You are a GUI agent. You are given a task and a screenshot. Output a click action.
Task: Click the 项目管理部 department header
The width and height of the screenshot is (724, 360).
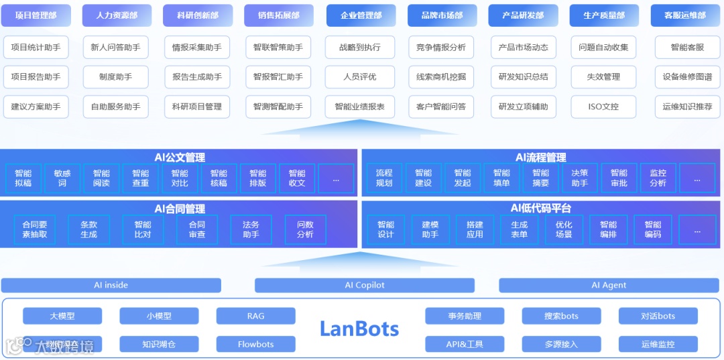tap(36, 15)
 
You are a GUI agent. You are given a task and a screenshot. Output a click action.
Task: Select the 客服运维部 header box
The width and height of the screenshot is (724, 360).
tap(684, 15)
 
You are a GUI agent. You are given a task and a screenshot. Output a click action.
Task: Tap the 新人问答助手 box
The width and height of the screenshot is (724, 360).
tap(116, 48)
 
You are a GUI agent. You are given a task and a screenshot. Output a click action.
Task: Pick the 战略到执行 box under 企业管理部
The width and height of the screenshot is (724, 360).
tap(360, 48)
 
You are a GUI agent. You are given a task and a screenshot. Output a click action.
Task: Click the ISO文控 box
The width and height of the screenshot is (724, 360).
tap(603, 107)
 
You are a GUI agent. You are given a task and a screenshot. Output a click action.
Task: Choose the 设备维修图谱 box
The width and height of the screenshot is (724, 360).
tap(687, 77)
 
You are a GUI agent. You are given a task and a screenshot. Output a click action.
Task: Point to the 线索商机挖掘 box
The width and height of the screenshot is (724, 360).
tap(441, 77)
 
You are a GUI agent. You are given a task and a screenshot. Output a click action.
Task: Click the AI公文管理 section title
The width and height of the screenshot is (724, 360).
tap(180, 158)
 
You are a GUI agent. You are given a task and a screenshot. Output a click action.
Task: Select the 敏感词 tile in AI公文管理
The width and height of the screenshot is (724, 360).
tap(62, 178)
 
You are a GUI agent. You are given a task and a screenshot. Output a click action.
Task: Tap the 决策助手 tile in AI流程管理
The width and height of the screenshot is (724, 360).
tap(580, 178)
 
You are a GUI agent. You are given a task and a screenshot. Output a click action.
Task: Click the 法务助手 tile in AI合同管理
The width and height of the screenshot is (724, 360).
tap(251, 229)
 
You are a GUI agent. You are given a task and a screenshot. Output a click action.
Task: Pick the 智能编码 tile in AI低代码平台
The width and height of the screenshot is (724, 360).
tap(653, 229)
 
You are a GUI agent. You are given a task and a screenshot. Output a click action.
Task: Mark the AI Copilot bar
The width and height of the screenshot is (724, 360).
tap(365, 286)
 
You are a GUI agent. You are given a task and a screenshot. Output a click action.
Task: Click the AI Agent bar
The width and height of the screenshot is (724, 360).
tap(609, 286)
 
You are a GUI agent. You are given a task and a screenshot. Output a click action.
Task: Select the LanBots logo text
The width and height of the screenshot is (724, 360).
tap(359, 329)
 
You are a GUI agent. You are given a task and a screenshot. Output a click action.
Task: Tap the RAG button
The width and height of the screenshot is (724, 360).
tap(255, 316)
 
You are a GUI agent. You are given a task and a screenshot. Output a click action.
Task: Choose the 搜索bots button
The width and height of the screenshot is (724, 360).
tap(561, 316)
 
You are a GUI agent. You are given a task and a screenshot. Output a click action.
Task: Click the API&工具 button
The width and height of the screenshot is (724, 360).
tap(465, 345)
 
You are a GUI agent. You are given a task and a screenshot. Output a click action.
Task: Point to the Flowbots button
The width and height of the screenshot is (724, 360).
tap(255, 345)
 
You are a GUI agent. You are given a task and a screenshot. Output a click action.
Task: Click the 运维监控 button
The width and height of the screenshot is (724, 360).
tap(658, 345)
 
